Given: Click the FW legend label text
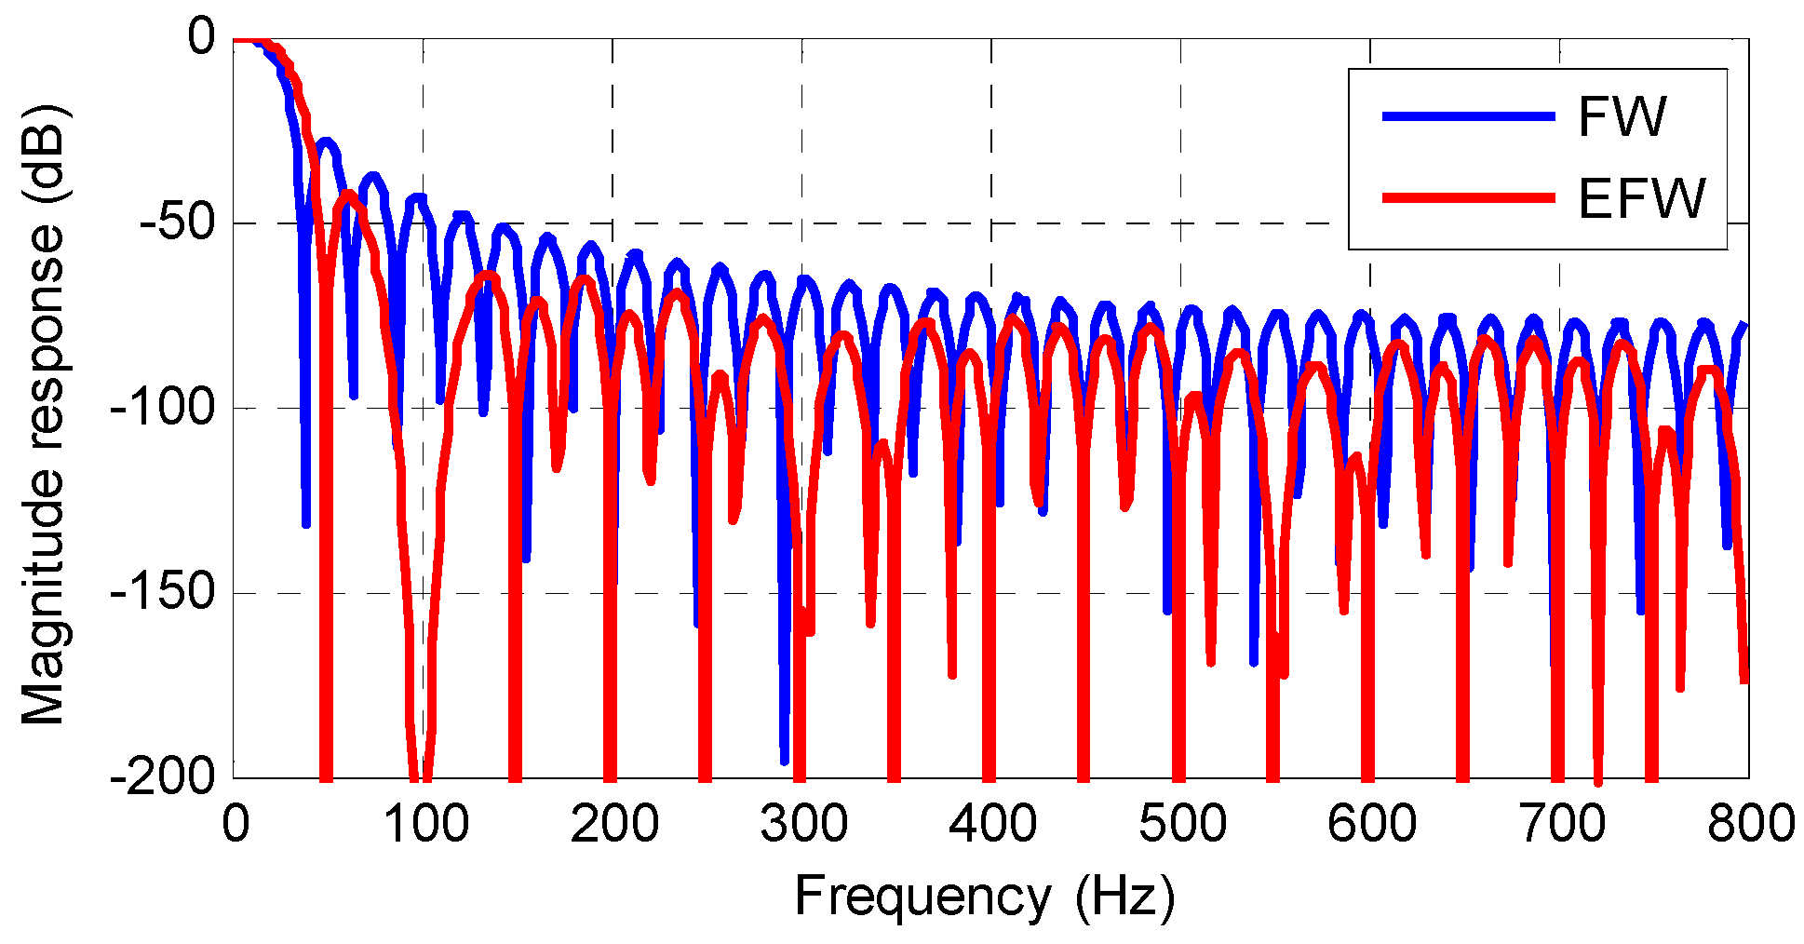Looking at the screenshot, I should coord(1621,117).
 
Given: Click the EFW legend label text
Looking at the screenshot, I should coord(1641,198).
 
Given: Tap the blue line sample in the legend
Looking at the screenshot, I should coord(1468,116).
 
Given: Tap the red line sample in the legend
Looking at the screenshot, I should coord(1468,197).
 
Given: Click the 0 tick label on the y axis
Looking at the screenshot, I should coord(201,39).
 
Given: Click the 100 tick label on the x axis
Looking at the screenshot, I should coord(424,825).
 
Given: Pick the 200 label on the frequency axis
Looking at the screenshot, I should coord(613,825).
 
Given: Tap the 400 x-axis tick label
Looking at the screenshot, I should coord(992,825).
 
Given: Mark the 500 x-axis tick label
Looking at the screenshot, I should coord(1182,825).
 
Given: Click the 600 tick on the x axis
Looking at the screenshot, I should coord(1371,825).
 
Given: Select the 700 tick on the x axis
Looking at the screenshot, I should coord(1560,825).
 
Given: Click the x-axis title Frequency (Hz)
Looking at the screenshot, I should coord(984,897).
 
